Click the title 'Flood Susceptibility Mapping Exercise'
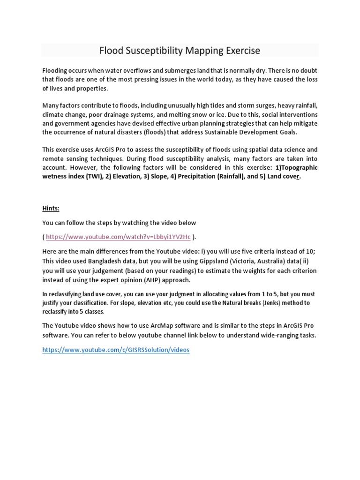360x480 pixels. click(x=180, y=50)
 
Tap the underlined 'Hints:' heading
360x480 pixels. click(x=51, y=208)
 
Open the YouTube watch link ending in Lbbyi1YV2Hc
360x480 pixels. click(x=118, y=237)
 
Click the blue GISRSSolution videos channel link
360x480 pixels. click(x=116, y=350)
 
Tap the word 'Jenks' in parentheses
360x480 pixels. click(x=263, y=303)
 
